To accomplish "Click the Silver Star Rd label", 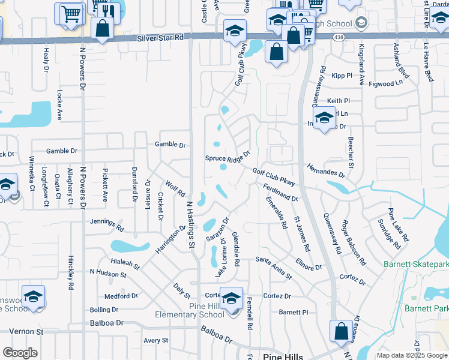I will pos(160,37).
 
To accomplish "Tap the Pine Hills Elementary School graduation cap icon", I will pos(231,298).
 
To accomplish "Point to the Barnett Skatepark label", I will pos(416,264).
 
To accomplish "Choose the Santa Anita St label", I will pos(273,268).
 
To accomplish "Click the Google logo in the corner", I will pos(20,353).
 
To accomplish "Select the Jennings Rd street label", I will pos(107,224).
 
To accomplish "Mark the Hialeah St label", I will pos(125,263).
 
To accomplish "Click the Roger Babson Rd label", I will pos(354,243).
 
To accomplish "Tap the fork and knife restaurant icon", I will pos(106,9).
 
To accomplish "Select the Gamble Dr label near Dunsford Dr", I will pos(170,145).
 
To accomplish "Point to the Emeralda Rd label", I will pos(276,213).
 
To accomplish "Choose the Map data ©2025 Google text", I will pos(412,355).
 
